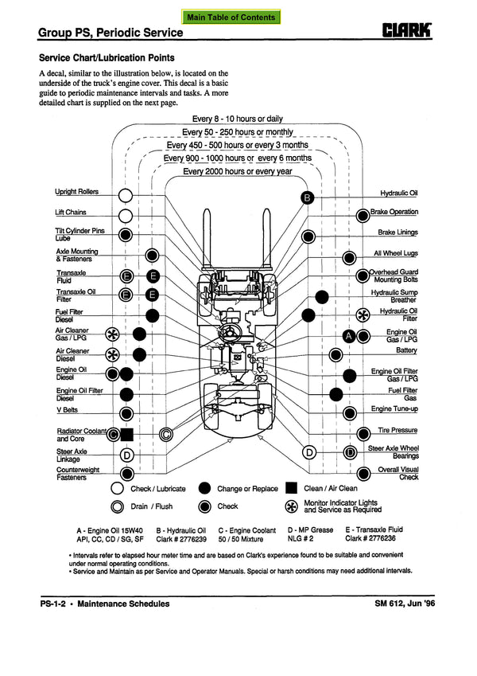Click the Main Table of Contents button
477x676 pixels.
[231, 17]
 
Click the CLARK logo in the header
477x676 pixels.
[407, 32]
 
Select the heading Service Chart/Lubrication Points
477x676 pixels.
[107, 58]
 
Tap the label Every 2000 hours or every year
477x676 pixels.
[238, 171]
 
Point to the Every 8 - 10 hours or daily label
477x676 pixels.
[237, 119]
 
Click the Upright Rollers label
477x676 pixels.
[77, 192]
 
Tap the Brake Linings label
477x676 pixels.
[397, 232]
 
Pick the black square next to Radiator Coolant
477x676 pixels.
[126, 435]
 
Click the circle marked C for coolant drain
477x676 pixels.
[165, 435]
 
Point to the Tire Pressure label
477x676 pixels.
[397, 431]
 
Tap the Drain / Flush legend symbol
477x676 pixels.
[118, 506]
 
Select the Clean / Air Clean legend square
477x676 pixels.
[291, 489]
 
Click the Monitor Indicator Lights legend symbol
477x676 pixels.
[291, 506]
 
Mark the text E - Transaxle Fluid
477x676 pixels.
[373, 529]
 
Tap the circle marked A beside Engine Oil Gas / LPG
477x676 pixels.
[348, 336]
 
